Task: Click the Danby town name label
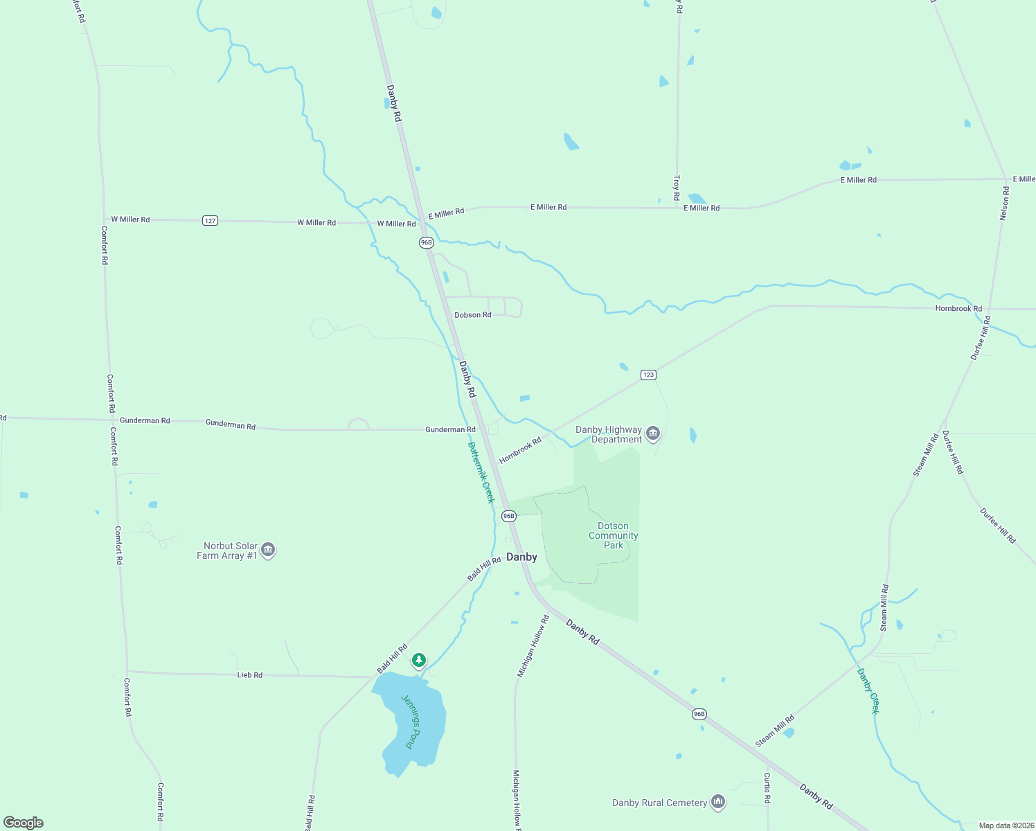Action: coord(521,557)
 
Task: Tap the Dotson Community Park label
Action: coord(613,535)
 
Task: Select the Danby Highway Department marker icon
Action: coord(652,434)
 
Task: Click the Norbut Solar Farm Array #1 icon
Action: coord(269,551)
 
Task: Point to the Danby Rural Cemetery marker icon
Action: coord(718,803)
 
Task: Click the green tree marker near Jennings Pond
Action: coord(418,661)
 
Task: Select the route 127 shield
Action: coord(211,221)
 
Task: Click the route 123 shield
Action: coord(648,375)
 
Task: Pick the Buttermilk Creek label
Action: coord(481,472)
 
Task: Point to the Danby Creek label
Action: coord(868,690)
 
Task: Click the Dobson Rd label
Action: coord(473,315)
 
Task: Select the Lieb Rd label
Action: coord(250,674)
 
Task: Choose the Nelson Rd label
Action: coord(1004,204)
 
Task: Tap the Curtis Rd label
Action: coord(767,788)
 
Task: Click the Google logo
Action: coord(24,823)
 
